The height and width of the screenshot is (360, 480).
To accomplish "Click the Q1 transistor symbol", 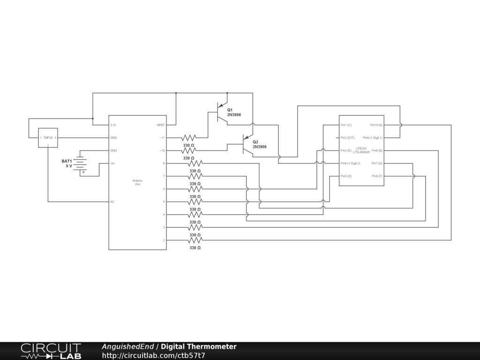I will [x=222, y=112].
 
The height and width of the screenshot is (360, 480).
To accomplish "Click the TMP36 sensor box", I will [x=48, y=138].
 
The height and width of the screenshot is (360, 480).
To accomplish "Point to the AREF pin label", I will [x=160, y=125].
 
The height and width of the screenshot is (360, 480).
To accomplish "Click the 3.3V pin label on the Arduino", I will [x=113, y=125].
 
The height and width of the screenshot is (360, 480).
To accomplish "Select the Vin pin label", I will [x=112, y=163].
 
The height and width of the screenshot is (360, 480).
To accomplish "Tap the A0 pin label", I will [x=112, y=202].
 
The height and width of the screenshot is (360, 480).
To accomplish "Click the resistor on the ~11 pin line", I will [x=189, y=138].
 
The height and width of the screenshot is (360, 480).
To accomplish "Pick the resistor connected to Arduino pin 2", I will [x=195, y=240].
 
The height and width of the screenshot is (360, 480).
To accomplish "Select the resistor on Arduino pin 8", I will [x=195, y=163].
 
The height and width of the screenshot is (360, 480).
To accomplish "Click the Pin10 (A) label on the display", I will [x=376, y=125].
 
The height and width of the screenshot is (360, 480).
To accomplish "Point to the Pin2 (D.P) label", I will [x=347, y=138].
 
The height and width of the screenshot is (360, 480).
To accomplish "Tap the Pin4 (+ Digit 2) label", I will [x=350, y=163].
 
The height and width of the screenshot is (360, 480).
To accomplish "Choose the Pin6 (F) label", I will [x=377, y=176].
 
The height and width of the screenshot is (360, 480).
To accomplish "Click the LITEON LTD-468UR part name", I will [x=361, y=150].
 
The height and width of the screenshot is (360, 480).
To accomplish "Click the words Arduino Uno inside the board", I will [x=137, y=182].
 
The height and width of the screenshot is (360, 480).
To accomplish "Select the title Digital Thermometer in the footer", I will [x=199, y=347].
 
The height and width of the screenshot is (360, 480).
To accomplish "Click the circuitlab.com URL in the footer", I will [x=153, y=355].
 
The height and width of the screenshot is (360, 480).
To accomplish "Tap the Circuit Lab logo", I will [x=51, y=351].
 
